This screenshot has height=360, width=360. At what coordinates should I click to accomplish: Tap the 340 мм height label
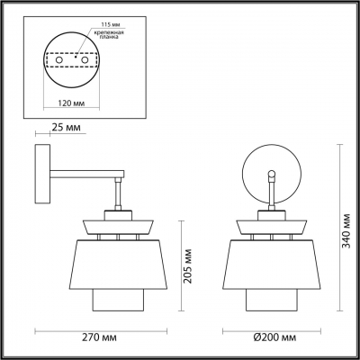click(x=346, y=229)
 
